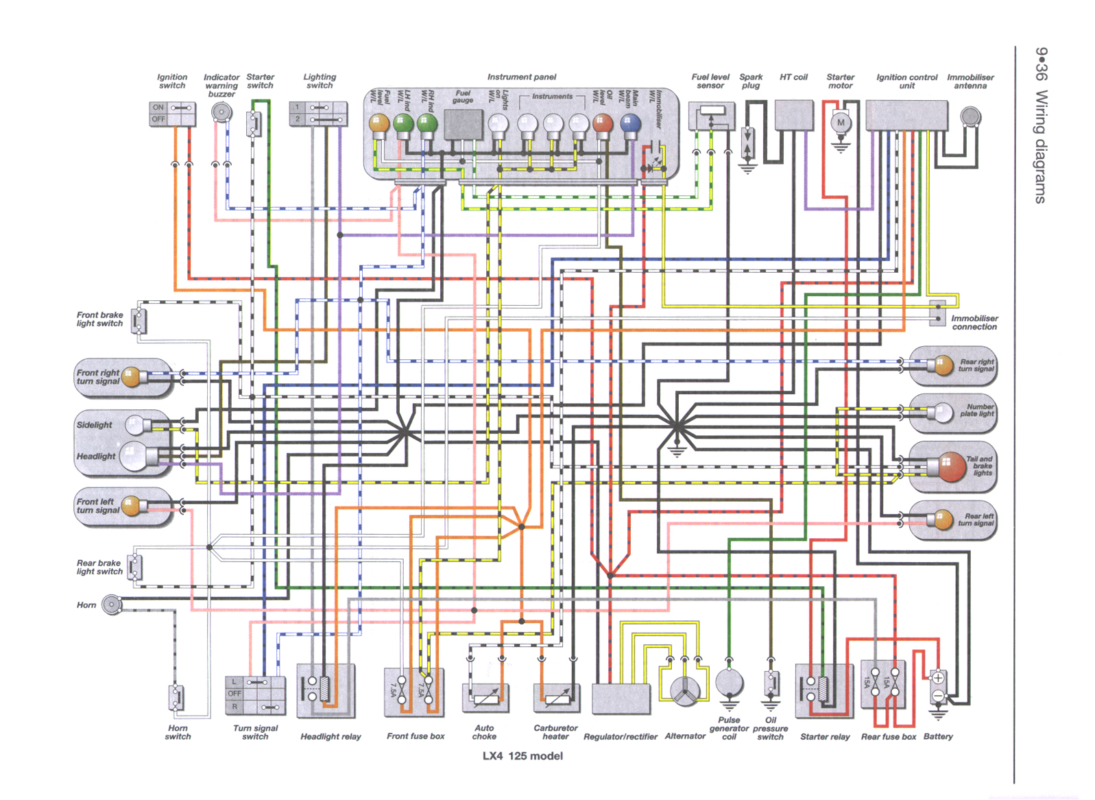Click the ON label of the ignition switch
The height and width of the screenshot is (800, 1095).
(158, 108)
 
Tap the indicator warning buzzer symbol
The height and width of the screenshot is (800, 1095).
(221, 112)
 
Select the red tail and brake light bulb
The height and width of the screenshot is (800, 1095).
(952, 467)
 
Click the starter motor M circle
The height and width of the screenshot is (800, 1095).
(841, 123)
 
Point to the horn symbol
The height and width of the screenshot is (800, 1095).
(111, 605)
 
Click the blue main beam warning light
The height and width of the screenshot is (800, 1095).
(629, 123)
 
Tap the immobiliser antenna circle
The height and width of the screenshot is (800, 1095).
(970, 117)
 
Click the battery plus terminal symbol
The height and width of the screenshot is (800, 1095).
(938, 678)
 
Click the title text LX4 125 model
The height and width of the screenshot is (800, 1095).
(522, 756)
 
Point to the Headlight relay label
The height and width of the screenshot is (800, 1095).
(330, 736)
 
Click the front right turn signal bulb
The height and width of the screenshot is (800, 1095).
(131, 377)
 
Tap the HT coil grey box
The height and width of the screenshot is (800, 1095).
(793, 114)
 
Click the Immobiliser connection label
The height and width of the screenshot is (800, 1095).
(974, 322)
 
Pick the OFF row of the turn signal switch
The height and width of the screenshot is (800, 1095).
(234, 694)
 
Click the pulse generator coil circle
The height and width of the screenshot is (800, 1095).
(729, 683)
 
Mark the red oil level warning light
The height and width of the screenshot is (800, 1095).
(602, 123)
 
